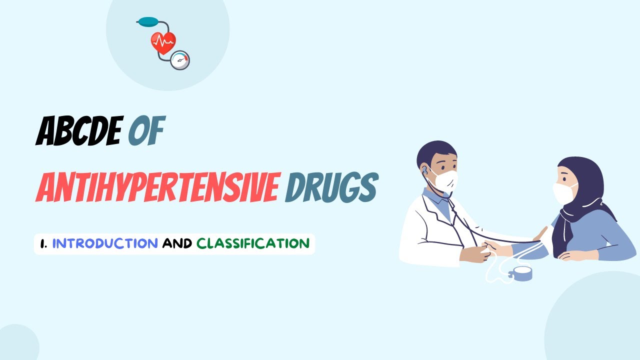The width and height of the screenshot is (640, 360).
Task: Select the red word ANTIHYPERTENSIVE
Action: (x=156, y=188)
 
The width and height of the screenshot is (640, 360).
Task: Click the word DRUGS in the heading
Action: (x=330, y=188)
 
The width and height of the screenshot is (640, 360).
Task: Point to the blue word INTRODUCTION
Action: (x=105, y=243)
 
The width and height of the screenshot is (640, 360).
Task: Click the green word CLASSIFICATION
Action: (x=253, y=243)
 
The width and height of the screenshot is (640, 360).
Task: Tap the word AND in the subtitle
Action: (x=177, y=243)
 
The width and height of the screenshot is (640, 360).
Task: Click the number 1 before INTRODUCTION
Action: (x=43, y=243)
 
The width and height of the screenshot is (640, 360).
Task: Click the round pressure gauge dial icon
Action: (x=180, y=60)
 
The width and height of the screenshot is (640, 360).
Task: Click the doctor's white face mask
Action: (x=444, y=180)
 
